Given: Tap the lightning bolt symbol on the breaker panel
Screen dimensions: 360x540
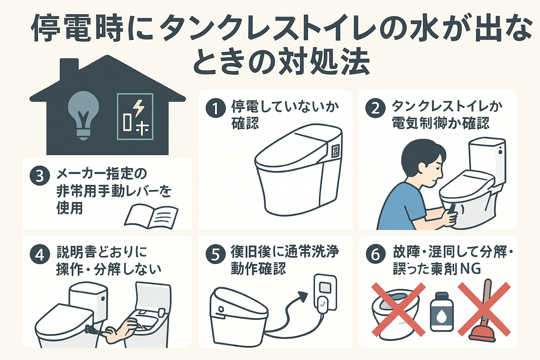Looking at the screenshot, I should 139,108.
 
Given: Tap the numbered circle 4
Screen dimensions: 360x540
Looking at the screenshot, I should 39,254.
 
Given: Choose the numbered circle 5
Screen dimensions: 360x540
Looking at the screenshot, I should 215,254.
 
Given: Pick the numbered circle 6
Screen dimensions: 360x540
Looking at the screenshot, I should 375,254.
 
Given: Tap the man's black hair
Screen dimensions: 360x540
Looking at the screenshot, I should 420,155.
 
